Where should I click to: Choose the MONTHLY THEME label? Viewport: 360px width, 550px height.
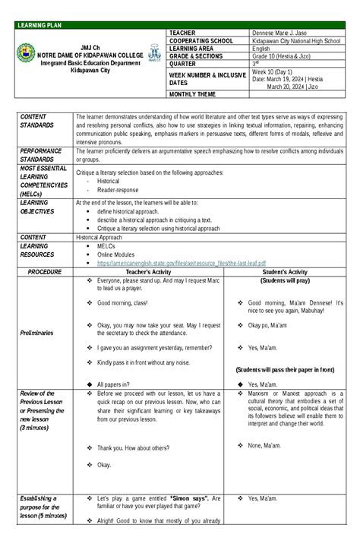pos(194,94)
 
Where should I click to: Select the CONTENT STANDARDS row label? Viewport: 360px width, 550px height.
pos(37,121)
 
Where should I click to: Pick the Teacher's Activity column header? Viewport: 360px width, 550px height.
pos(149,272)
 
